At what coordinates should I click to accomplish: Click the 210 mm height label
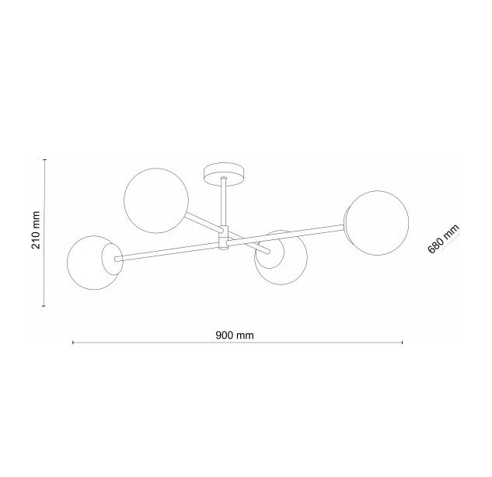(x=36, y=230)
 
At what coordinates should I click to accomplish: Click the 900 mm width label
(x=235, y=336)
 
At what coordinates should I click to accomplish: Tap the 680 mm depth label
(x=443, y=238)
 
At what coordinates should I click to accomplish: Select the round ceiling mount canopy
(x=225, y=174)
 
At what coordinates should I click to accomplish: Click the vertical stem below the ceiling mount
(x=224, y=202)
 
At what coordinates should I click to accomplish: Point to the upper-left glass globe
(x=156, y=200)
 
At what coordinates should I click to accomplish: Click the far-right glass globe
(x=378, y=223)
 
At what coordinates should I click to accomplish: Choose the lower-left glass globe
(x=94, y=263)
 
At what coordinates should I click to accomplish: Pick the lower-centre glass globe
(x=281, y=258)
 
